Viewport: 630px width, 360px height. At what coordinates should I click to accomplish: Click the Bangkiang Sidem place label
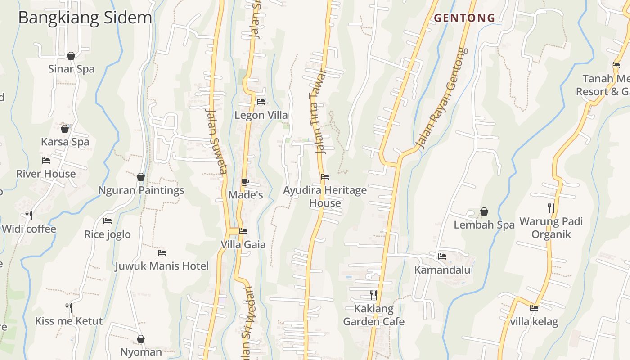pos(85,18)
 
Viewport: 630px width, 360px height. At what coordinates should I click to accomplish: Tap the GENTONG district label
pos(464,18)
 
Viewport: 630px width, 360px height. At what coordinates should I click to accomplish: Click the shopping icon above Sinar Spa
pos(71,56)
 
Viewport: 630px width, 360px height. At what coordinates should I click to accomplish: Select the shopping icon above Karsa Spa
pos(65,129)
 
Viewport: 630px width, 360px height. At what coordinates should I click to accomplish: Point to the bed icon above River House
pos(46,161)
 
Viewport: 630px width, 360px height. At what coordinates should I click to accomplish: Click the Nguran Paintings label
pos(141,190)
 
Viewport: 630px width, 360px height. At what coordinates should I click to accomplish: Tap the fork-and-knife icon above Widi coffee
pos(29,216)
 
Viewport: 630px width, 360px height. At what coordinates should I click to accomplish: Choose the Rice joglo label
pos(108,234)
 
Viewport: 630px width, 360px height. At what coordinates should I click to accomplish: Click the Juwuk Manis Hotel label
pos(162,266)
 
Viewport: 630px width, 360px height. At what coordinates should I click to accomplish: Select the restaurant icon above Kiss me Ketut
pos(69,308)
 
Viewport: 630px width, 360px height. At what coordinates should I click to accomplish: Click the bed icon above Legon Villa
pos(261,102)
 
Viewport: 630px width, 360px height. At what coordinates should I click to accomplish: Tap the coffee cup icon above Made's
pos(245,182)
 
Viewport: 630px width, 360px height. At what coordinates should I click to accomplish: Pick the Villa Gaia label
pos(243,245)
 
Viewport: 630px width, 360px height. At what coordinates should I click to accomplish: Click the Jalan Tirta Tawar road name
pos(318,112)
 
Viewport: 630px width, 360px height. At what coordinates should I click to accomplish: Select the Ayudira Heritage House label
pos(325,197)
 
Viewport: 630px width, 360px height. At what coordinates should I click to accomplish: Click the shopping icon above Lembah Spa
pos(484,211)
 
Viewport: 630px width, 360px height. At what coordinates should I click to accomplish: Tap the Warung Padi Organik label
pos(551,228)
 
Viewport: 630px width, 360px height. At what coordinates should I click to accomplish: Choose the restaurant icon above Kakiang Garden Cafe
pos(373,295)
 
